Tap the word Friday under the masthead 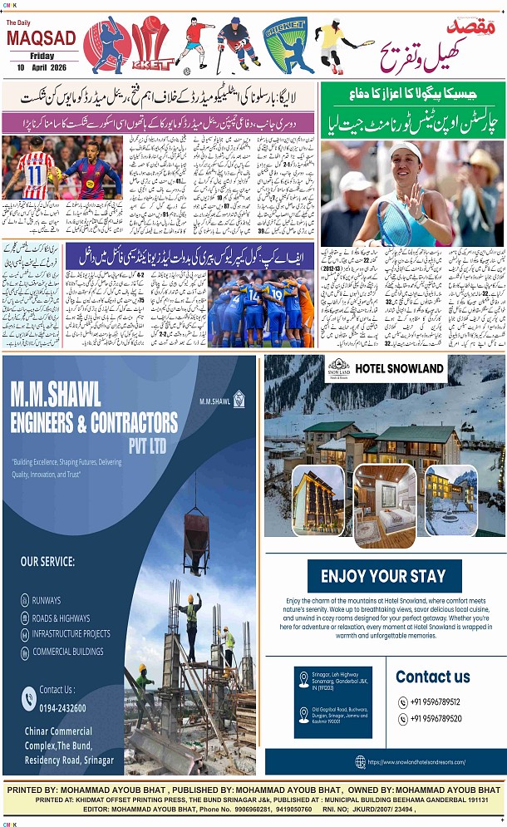click(42, 56)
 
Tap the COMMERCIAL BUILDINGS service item click(68, 652)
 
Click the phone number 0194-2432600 click(61, 706)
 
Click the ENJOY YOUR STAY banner click(383, 576)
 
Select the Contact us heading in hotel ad click(432, 677)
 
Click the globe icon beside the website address click(360, 761)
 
